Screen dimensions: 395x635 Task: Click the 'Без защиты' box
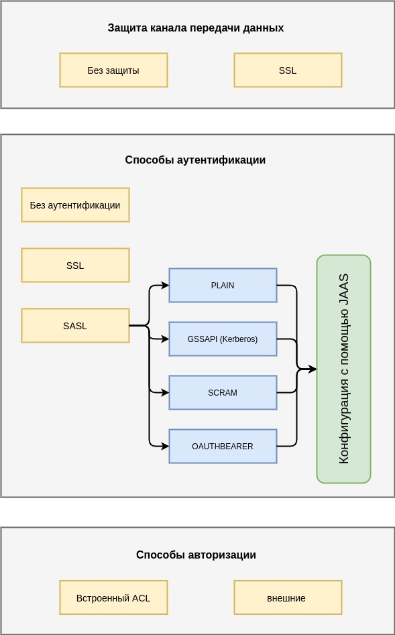[113, 70]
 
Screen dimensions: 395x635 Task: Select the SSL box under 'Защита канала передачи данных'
[288, 70]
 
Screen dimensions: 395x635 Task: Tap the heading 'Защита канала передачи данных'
[196, 28]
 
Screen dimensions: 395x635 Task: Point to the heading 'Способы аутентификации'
[195, 160]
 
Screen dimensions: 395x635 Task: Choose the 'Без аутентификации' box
[75, 205]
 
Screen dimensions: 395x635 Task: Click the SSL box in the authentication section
[75, 266]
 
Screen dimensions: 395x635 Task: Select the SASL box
[75, 326]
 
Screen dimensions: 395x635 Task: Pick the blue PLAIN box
[223, 285]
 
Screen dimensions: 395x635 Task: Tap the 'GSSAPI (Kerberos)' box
[223, 339]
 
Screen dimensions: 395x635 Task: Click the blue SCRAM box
[223, 392]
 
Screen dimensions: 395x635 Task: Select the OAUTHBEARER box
[223, 447]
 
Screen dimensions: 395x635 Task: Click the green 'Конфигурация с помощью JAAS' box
[343, 369]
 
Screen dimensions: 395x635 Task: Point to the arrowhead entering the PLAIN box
[165, 285]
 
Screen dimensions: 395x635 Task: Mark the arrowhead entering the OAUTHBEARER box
[165, 447]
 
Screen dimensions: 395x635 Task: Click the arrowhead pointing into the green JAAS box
[313, 369]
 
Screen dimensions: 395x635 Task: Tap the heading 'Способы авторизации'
[196, 555]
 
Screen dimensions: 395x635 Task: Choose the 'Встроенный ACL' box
[113, 597]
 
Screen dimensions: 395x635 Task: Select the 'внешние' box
[288, 597]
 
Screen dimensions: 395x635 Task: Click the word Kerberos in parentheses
[239, 339]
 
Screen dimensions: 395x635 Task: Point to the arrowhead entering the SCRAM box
[165, 392]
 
